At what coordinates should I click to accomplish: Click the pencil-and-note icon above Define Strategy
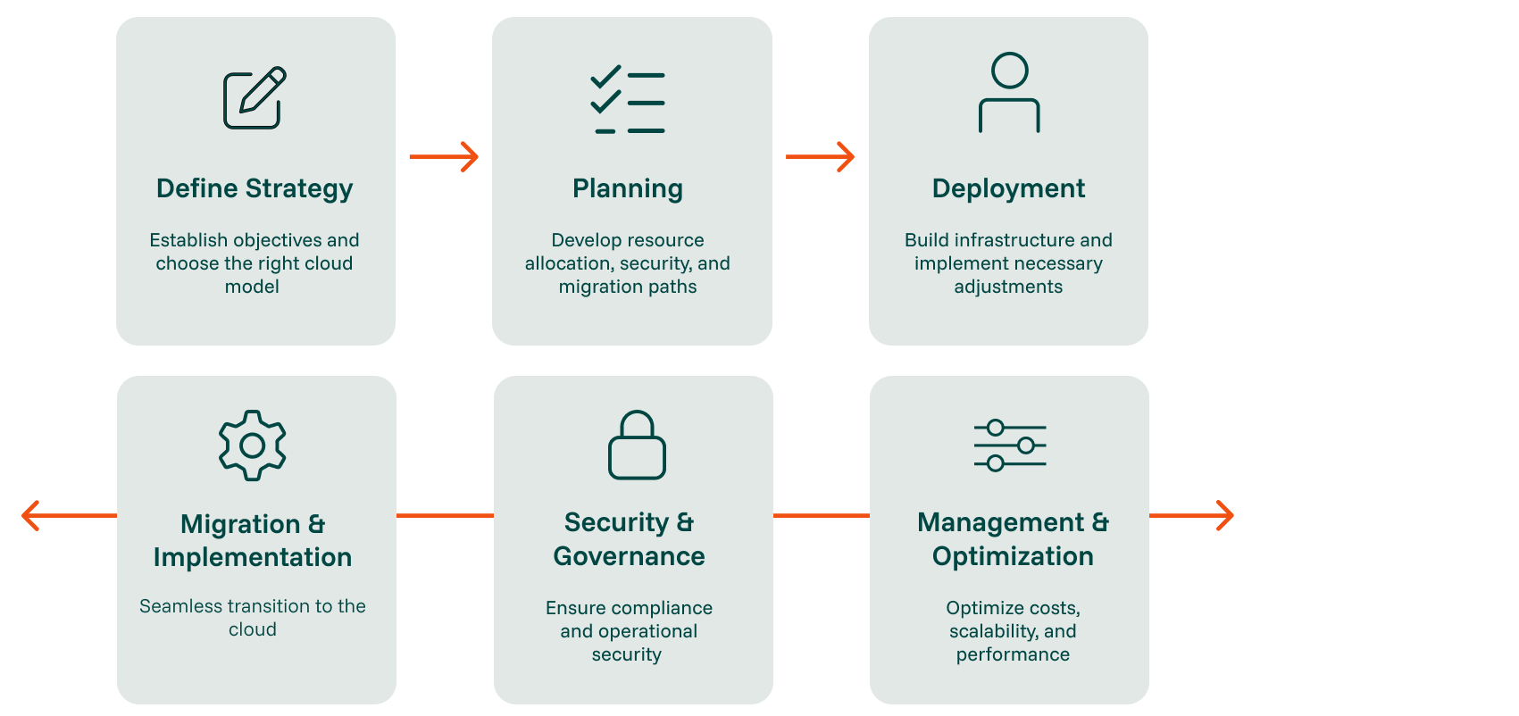tap(254, 98)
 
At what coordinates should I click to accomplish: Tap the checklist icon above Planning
tap(628, 101)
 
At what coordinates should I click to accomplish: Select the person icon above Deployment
tap(1009, 93)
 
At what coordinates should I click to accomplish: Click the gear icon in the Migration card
tap(253, 445)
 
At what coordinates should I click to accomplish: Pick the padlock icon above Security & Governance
tap(637, 445)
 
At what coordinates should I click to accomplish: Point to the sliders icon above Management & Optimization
tap(1010, 445)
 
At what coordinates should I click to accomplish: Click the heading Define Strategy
tap(255, 188)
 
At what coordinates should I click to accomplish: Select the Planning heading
tap(628, 188)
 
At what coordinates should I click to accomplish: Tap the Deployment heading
tap(1008, 188)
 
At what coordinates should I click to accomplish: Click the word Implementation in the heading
tap(253, 557)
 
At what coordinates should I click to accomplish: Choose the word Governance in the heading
tap(629, 556)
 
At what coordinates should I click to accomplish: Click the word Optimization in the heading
tap(1013, 556)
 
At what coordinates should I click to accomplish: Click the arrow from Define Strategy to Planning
tap(444, 157)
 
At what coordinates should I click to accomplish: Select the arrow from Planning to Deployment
tap(821, 157)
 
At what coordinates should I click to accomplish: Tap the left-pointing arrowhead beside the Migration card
tap(30, 515)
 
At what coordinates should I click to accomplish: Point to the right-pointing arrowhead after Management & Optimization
tap(1225, 515)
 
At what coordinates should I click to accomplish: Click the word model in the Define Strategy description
tap(252, 287)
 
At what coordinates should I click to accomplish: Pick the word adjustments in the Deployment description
tap(1008, 287)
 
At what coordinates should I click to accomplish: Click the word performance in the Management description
tap(1013, 654)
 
